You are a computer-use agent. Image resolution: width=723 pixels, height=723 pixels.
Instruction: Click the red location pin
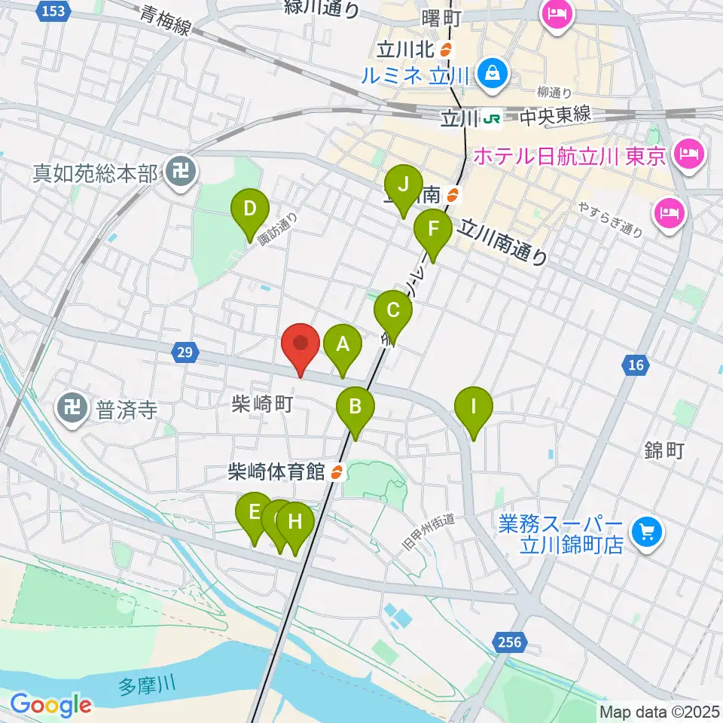(x=300, y=347)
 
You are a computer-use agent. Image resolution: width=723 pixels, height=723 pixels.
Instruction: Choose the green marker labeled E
(x=255, y=515)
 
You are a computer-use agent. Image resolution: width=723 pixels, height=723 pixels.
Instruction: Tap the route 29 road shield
(x=185, y=351)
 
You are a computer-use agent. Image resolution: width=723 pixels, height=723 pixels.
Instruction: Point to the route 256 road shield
(x=510, y=642)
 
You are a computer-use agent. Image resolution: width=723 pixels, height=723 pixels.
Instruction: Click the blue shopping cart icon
(x=645, y=533)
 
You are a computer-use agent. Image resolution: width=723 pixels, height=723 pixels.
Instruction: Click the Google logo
(x=50, y=705)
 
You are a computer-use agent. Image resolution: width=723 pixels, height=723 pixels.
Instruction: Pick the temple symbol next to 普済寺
(x=73, y=409)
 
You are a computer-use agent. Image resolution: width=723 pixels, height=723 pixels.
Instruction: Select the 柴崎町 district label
(x=262, y=404)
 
